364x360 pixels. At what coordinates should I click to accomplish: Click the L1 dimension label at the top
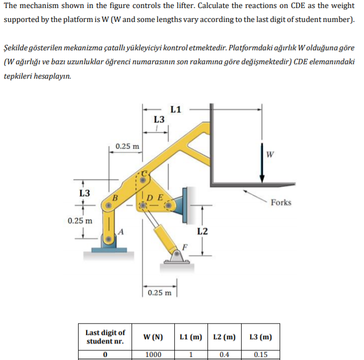tap(176, 110)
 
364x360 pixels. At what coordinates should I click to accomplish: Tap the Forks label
tap(281, 202)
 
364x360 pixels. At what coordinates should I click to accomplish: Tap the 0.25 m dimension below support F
tap(160, 293)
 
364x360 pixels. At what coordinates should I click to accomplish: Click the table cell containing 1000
tap(153, 354)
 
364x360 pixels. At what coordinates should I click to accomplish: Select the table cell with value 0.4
tap(224, 354)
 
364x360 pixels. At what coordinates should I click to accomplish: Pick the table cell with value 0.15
tap(260, 354)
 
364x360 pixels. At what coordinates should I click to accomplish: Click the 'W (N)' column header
tap(153, 337)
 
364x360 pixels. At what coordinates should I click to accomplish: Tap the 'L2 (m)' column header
tap(224, 337)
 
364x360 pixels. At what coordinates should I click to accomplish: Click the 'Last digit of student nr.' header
tap(105, 337)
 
